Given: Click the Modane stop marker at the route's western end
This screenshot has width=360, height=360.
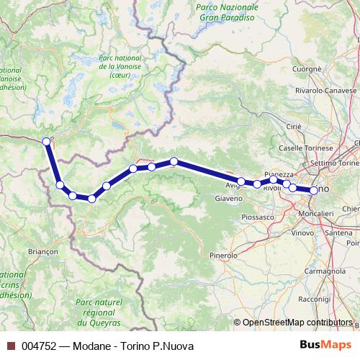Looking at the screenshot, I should click(x=47, y=141).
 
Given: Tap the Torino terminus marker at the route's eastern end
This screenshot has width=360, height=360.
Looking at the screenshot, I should click(x=314, y=190).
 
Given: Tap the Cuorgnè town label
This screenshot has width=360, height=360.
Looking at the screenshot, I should click(x=307, y=69).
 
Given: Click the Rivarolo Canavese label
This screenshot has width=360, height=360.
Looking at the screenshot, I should click(x=325, y=91).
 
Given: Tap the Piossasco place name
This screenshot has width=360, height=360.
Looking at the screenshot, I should click(x=259, y=216).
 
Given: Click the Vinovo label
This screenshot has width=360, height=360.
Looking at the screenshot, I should click(x=303, y=233).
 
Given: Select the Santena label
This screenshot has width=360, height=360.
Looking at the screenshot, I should click(x=339, y=233).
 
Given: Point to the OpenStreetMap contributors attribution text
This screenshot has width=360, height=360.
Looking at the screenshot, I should click(x=297, y=323).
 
